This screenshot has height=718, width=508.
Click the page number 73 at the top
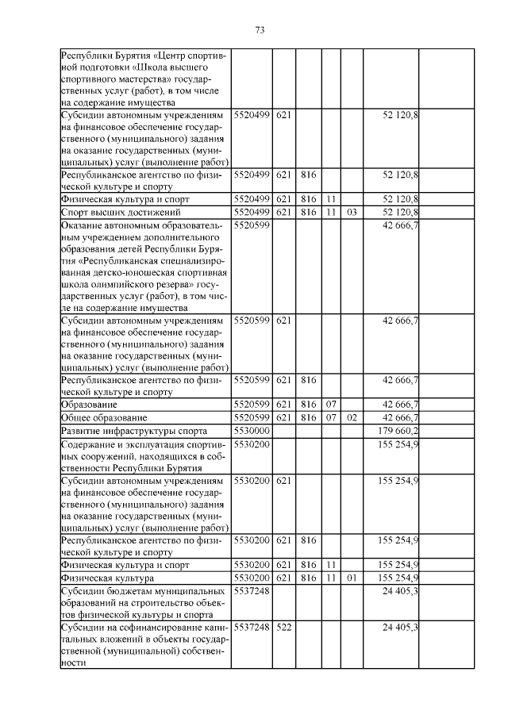click(259, 30)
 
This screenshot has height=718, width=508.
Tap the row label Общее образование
click(104, 417)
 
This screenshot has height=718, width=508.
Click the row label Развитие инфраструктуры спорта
click(128, 430)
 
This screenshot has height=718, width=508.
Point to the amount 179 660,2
click(399, 430)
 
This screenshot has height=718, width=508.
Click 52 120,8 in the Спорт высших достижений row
click(401, 213)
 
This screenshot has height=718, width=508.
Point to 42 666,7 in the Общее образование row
click(401, 417)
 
